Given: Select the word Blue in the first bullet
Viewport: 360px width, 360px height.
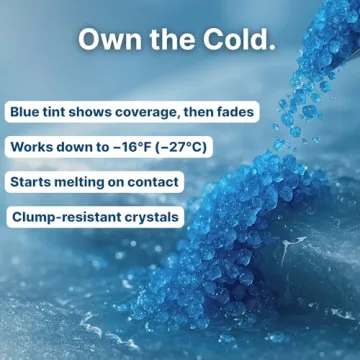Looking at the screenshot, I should (x=27, y=112).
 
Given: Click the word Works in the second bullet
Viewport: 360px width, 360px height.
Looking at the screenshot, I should (x=32, y=147).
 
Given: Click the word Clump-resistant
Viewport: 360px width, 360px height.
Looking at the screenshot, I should (x=69, y=217).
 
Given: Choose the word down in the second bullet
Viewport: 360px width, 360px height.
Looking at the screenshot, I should (x=76, y=147).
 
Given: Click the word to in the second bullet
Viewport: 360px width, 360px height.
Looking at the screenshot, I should (x=105, y=147).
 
